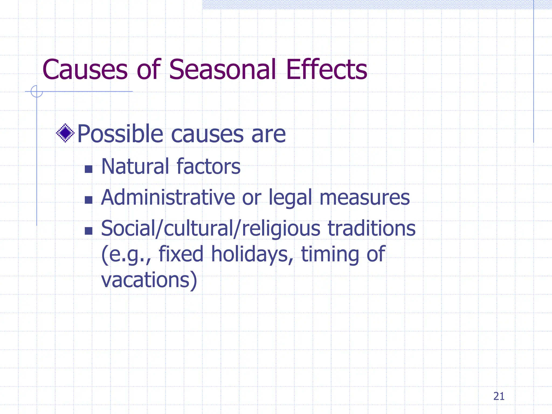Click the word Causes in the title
coord(85,70)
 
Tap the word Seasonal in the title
coord(222,70)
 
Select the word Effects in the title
coord(326,70)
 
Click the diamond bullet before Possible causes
coord(65,133)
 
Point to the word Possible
coord(120,134)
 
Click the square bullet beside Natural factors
coord(88,169)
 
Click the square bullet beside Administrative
coord(88,200)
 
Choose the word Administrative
coord(168,198)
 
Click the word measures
coord(364,198)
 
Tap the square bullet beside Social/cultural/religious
coord(88,231)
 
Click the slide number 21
coord(499,396)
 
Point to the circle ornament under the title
coord(37,91)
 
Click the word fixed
coord(181,254)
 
